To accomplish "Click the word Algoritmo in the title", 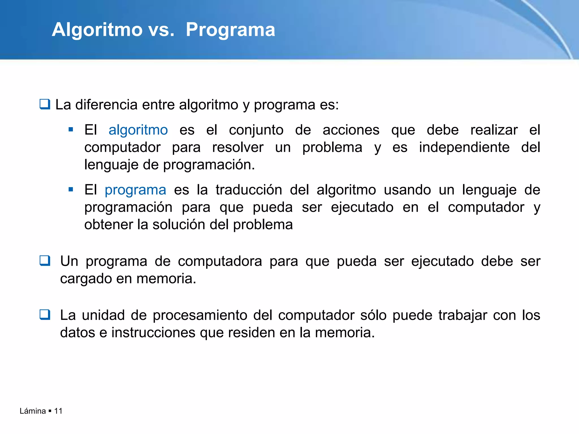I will [x=97, y=30].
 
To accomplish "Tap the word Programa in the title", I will [x=230, y=30].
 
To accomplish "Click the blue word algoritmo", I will [x=138, y=130].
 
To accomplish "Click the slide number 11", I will [x=58, y=411].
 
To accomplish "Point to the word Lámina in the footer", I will [x=33, y=411].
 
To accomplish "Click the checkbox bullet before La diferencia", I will [x=45, y=104].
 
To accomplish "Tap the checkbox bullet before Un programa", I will [x=45, y=261].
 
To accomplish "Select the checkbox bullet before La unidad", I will [x=45, y=314].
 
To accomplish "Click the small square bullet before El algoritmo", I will [x=71, y=130].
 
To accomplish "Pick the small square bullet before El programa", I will [x=71, y=190].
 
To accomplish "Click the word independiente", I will [x=464, y=147].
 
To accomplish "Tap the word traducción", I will [x=249, y=190].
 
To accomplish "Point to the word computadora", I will [x=220, y=261].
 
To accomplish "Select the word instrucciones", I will [x=153, y=333].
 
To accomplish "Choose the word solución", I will [x=179, y=225].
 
